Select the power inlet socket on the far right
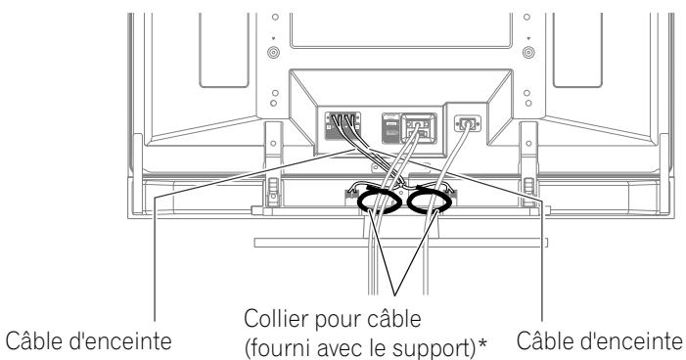467,125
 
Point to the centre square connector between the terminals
418,126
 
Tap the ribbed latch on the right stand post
530,184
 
